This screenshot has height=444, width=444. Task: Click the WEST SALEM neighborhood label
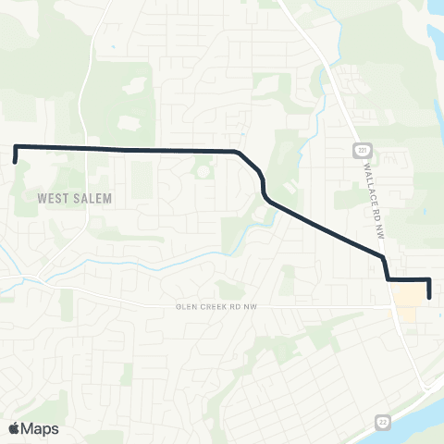75,198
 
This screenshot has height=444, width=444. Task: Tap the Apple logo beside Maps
14,428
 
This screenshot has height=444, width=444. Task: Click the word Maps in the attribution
40,428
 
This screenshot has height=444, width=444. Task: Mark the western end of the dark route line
15,162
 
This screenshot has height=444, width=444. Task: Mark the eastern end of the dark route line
430,297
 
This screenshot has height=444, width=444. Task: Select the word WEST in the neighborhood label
54,198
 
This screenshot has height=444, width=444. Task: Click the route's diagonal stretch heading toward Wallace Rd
324,227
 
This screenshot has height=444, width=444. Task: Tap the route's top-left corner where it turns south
15,147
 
